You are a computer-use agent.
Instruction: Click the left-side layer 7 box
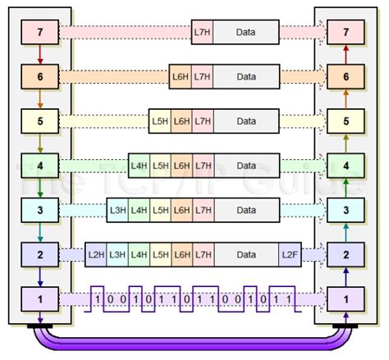39,34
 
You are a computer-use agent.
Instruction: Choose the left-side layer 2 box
39,255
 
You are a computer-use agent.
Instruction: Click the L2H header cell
96,255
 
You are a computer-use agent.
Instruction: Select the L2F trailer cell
291,255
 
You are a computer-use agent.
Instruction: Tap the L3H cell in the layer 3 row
118,211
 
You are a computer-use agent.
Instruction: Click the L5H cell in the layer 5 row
160,122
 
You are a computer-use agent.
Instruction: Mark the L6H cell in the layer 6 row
181,78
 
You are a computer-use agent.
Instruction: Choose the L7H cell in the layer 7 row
202,34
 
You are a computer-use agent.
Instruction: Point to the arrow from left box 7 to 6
39,56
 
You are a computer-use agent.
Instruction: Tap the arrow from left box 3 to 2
39,233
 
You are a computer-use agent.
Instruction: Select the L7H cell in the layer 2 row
202,255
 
